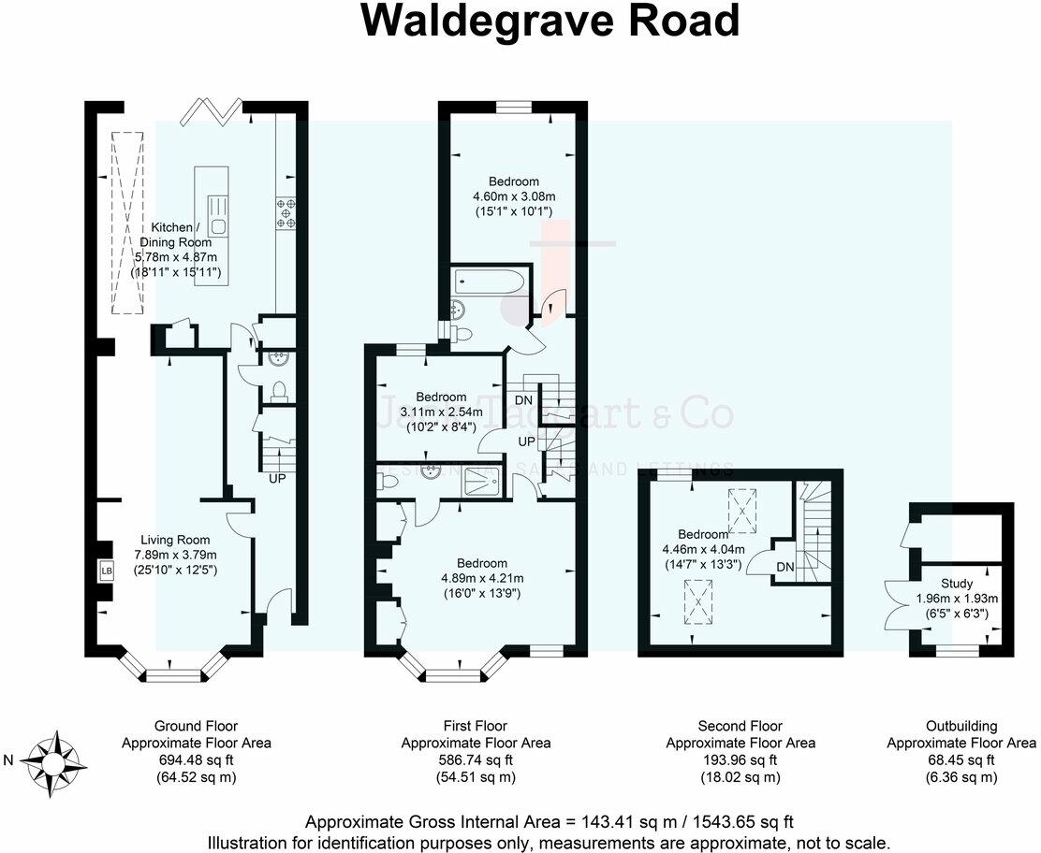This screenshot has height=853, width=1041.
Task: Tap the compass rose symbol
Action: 56,759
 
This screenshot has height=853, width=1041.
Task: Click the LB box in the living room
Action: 105,570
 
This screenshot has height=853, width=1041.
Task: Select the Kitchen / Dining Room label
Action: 175,235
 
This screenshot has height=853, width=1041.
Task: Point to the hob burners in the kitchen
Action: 286,213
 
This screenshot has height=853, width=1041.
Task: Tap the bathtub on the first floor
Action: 487,282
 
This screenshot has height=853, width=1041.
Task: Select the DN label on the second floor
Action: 785,568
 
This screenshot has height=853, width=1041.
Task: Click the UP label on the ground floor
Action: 277,478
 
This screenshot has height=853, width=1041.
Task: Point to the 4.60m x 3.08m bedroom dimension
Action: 514,196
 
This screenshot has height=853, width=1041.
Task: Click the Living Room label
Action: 175,540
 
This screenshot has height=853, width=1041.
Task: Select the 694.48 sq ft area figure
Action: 197,759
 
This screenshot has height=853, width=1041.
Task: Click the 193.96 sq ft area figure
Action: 740,759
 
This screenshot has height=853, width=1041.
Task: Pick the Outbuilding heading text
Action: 961,726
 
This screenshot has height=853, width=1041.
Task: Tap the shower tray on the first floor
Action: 486,479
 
